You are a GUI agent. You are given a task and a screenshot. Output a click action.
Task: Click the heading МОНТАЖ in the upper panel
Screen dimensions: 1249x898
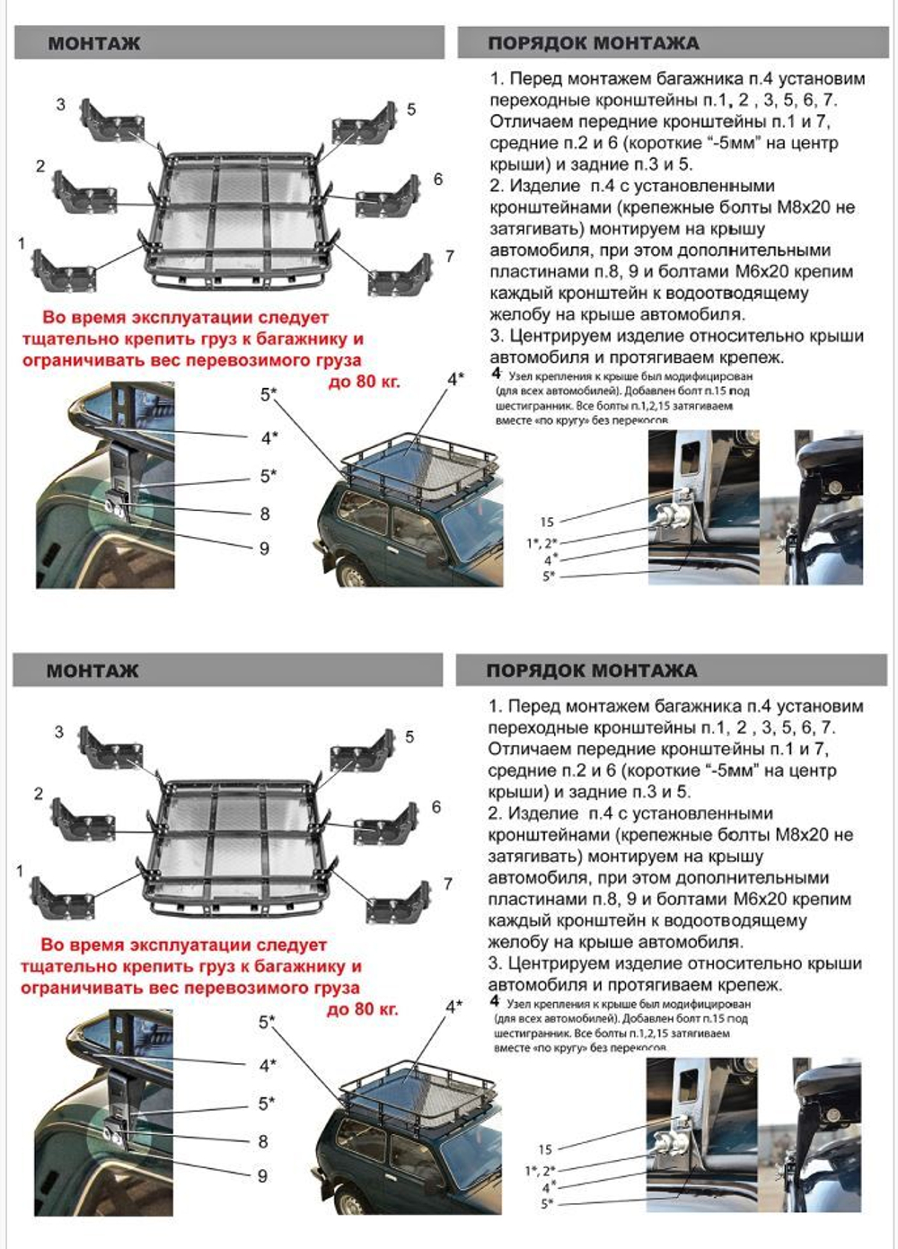[x=93, y=43]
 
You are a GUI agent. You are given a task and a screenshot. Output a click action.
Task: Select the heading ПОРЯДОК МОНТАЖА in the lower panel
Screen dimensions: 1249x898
[x=592, y=671]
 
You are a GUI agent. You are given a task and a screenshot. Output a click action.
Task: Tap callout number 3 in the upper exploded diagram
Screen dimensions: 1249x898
[x=60, y=104]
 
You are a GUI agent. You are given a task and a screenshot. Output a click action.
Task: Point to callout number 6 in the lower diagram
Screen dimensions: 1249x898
[x=436, y=806]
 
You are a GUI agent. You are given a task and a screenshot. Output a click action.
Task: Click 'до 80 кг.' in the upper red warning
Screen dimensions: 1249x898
[x=364, y=382]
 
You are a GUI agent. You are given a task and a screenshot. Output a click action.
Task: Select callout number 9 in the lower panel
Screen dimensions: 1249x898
[x=262, y=1175]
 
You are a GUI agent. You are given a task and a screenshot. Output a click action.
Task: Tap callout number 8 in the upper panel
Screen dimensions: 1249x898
[x=264, y=514]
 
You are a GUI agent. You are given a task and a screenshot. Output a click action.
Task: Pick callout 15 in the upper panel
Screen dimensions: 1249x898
[x=547, y=522]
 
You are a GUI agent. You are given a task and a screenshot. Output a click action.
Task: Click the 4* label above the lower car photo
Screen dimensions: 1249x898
[x=454, y=1006]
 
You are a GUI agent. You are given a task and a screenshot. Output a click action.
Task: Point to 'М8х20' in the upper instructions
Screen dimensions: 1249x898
[x=804, y=207]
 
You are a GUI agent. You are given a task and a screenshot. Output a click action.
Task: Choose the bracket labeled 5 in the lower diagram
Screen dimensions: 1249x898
[x=365, y=752]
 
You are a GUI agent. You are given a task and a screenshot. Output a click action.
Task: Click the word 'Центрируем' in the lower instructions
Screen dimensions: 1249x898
[x=559, y=963]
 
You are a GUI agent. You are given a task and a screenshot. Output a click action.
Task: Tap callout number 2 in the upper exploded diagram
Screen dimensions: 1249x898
[x=40, y=166]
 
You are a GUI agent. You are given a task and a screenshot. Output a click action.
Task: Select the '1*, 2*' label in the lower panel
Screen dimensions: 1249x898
[x=541, y=1171]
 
